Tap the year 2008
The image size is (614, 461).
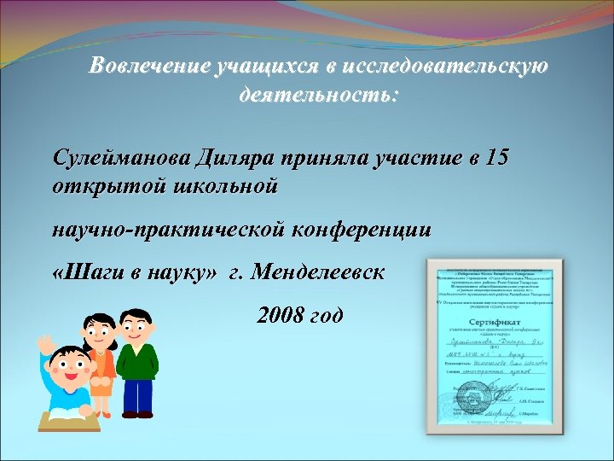pos(280,317)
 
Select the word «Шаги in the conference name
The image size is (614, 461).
pos(85,274)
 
